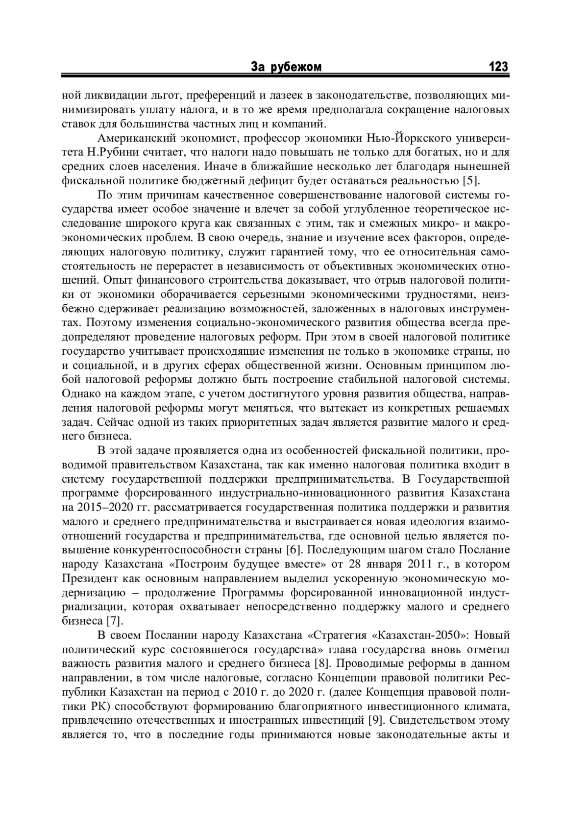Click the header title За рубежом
[x=286, y=67]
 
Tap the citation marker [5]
[x=470, y=180]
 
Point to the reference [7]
[x=114, y=621]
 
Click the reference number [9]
[x=378, y=721]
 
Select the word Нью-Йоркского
[x=398, y=138]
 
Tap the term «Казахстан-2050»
[x=421, y=636]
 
